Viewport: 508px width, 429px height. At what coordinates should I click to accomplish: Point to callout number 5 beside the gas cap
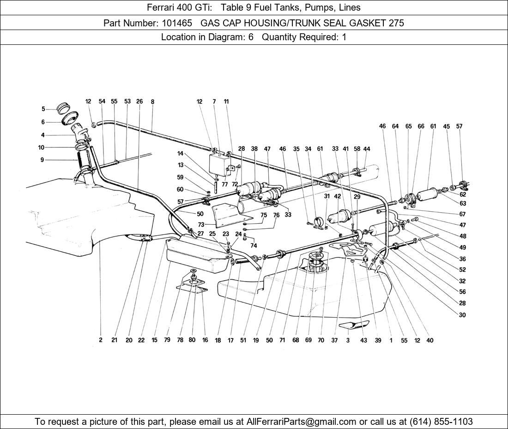coord(43,109)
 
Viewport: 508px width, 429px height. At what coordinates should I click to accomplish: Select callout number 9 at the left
coord(42,160)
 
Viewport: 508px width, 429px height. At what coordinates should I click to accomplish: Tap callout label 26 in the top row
coord(139,102)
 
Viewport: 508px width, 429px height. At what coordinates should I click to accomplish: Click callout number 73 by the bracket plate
coord(201,224)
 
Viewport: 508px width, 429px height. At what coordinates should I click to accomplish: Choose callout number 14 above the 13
coord(180,153)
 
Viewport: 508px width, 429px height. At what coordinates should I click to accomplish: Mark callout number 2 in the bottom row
coord(100,340)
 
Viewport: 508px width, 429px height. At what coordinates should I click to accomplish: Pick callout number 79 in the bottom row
coord(167,340)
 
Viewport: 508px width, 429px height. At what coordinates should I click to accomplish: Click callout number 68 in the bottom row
coord(296,340)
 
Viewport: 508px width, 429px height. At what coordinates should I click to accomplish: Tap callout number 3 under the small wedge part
coord(348,340)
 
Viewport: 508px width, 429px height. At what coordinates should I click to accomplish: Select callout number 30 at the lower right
coord(462,315)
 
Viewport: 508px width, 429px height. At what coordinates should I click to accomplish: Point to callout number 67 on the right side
coord(462,214)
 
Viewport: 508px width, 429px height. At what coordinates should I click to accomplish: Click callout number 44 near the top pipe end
coord(367,149)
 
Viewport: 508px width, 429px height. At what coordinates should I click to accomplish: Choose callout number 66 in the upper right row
coord(421,126)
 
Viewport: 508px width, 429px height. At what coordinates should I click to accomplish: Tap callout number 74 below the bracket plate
coord(254,245)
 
